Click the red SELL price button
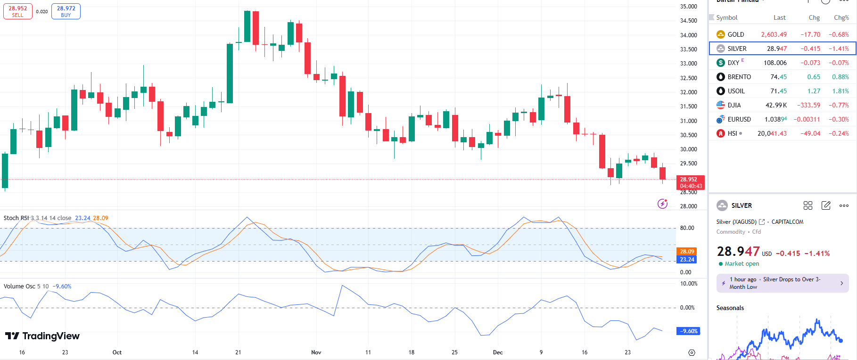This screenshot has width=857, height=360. (18, 11)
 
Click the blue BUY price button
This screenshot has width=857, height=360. (66, 11)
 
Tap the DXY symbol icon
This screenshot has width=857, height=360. (721, 63)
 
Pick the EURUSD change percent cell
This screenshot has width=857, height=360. (839, 119)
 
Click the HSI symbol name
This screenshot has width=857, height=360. (732, 133)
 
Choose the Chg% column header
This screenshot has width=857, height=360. (841, 17)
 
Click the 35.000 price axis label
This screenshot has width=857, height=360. (688, 7)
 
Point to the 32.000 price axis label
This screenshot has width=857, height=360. (688, 92)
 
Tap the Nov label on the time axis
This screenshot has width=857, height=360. (316, 352)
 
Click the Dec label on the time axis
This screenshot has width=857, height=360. (498, 352)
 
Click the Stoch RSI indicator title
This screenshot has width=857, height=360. (16, 218)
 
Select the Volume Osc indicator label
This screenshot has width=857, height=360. (19, 286)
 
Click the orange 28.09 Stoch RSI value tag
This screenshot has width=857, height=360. (687, 251)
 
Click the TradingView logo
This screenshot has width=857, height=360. (42, 336)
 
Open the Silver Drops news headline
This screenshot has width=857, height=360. (783, 283)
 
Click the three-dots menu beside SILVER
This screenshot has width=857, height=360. (844, 205)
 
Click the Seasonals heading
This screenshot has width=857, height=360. (730, 308)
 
